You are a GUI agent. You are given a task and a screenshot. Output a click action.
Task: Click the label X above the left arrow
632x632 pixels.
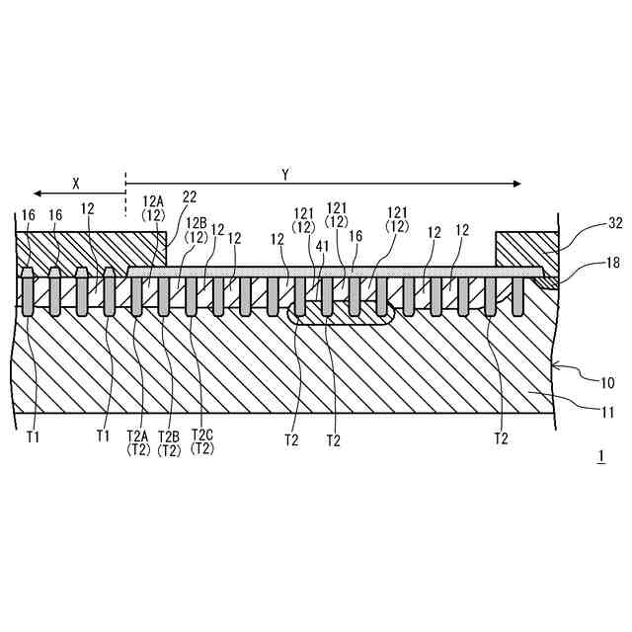(75, 182)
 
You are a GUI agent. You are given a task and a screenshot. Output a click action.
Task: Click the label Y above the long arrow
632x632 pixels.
(285, 175)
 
